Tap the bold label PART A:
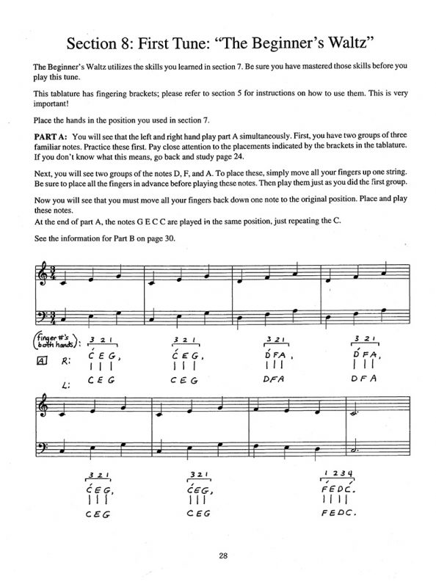(x=51, y=138)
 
